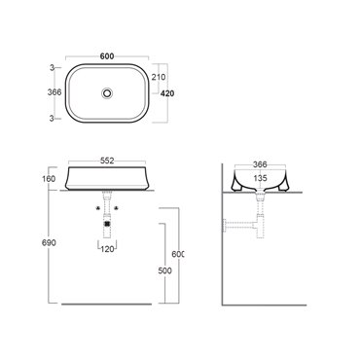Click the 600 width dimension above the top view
pos(107,56)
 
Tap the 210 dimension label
pos(159,77)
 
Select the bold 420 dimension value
pos(167,93)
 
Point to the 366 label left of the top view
pos(54,92)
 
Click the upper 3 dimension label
pos(52,68)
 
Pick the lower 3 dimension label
pos(52,119)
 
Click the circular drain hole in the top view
pos(107,93)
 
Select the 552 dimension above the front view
pos(107,161)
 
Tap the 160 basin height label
pos(49,179)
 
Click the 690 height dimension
pos(49,242)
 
